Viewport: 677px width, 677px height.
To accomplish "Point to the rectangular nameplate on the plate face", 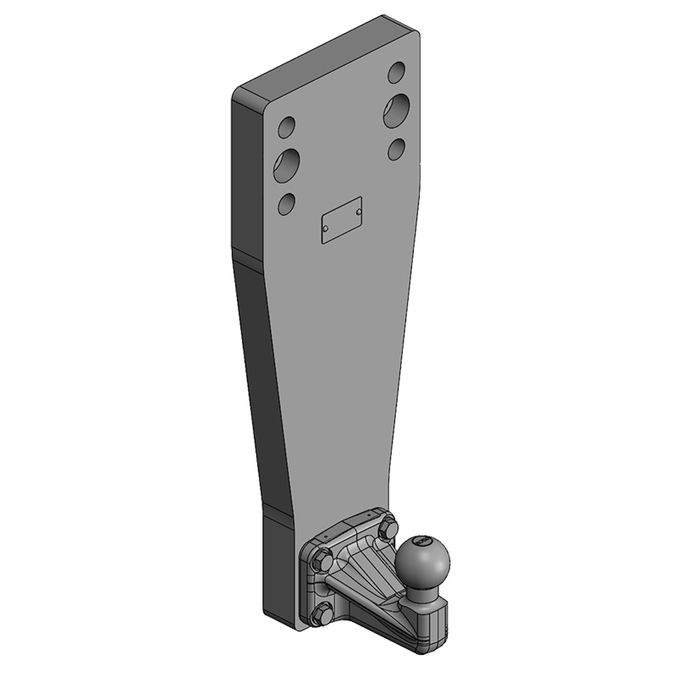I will [342, 222].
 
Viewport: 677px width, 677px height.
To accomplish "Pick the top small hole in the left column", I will [288, 128].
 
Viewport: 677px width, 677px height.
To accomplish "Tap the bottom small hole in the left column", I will [288, 203].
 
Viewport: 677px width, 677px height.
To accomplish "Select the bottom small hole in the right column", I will [398, 148].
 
